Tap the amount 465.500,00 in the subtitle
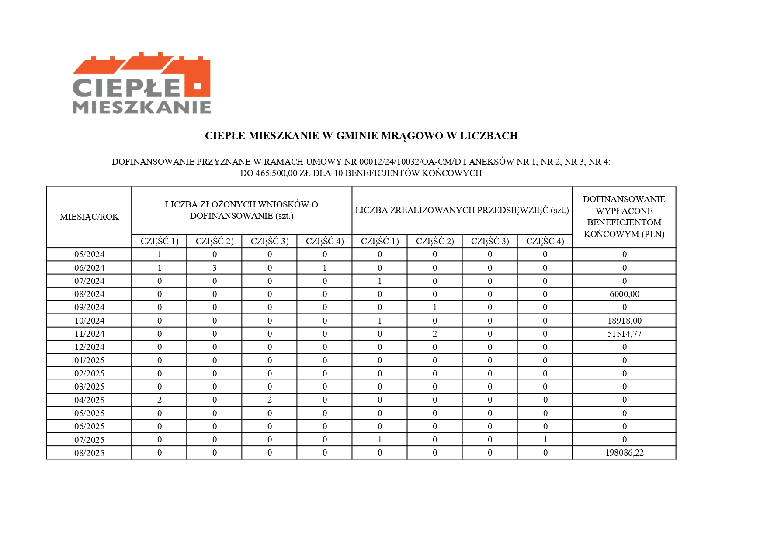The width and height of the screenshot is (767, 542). click(276, 173)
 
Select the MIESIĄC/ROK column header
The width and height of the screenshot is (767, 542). click(89, 217)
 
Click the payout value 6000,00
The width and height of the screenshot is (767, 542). click(624, 294)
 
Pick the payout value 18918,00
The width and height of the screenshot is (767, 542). click(624, 321)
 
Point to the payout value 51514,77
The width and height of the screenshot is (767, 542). click(624, 334)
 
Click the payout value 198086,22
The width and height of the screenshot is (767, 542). click(624, 453)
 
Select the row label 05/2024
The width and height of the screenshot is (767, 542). click(89, 254)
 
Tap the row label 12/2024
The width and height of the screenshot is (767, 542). click(89, 347)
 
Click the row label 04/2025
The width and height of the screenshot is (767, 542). click(89, 400)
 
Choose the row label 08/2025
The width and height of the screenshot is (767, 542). click(89, 453)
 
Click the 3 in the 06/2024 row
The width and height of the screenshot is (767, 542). click(215, 268)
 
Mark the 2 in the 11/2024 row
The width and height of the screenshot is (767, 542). click(435, 334)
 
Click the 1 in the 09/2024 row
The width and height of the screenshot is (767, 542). click(435, 307)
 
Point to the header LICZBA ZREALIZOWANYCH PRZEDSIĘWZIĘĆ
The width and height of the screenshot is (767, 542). click(462, 210)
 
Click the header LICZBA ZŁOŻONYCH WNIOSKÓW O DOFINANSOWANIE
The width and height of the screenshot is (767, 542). click(241, 210)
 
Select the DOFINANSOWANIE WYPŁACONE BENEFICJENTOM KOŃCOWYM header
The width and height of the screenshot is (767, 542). click(624, 217)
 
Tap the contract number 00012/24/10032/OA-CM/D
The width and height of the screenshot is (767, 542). click(410, 162)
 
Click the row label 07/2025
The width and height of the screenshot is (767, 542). click(89, 440)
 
